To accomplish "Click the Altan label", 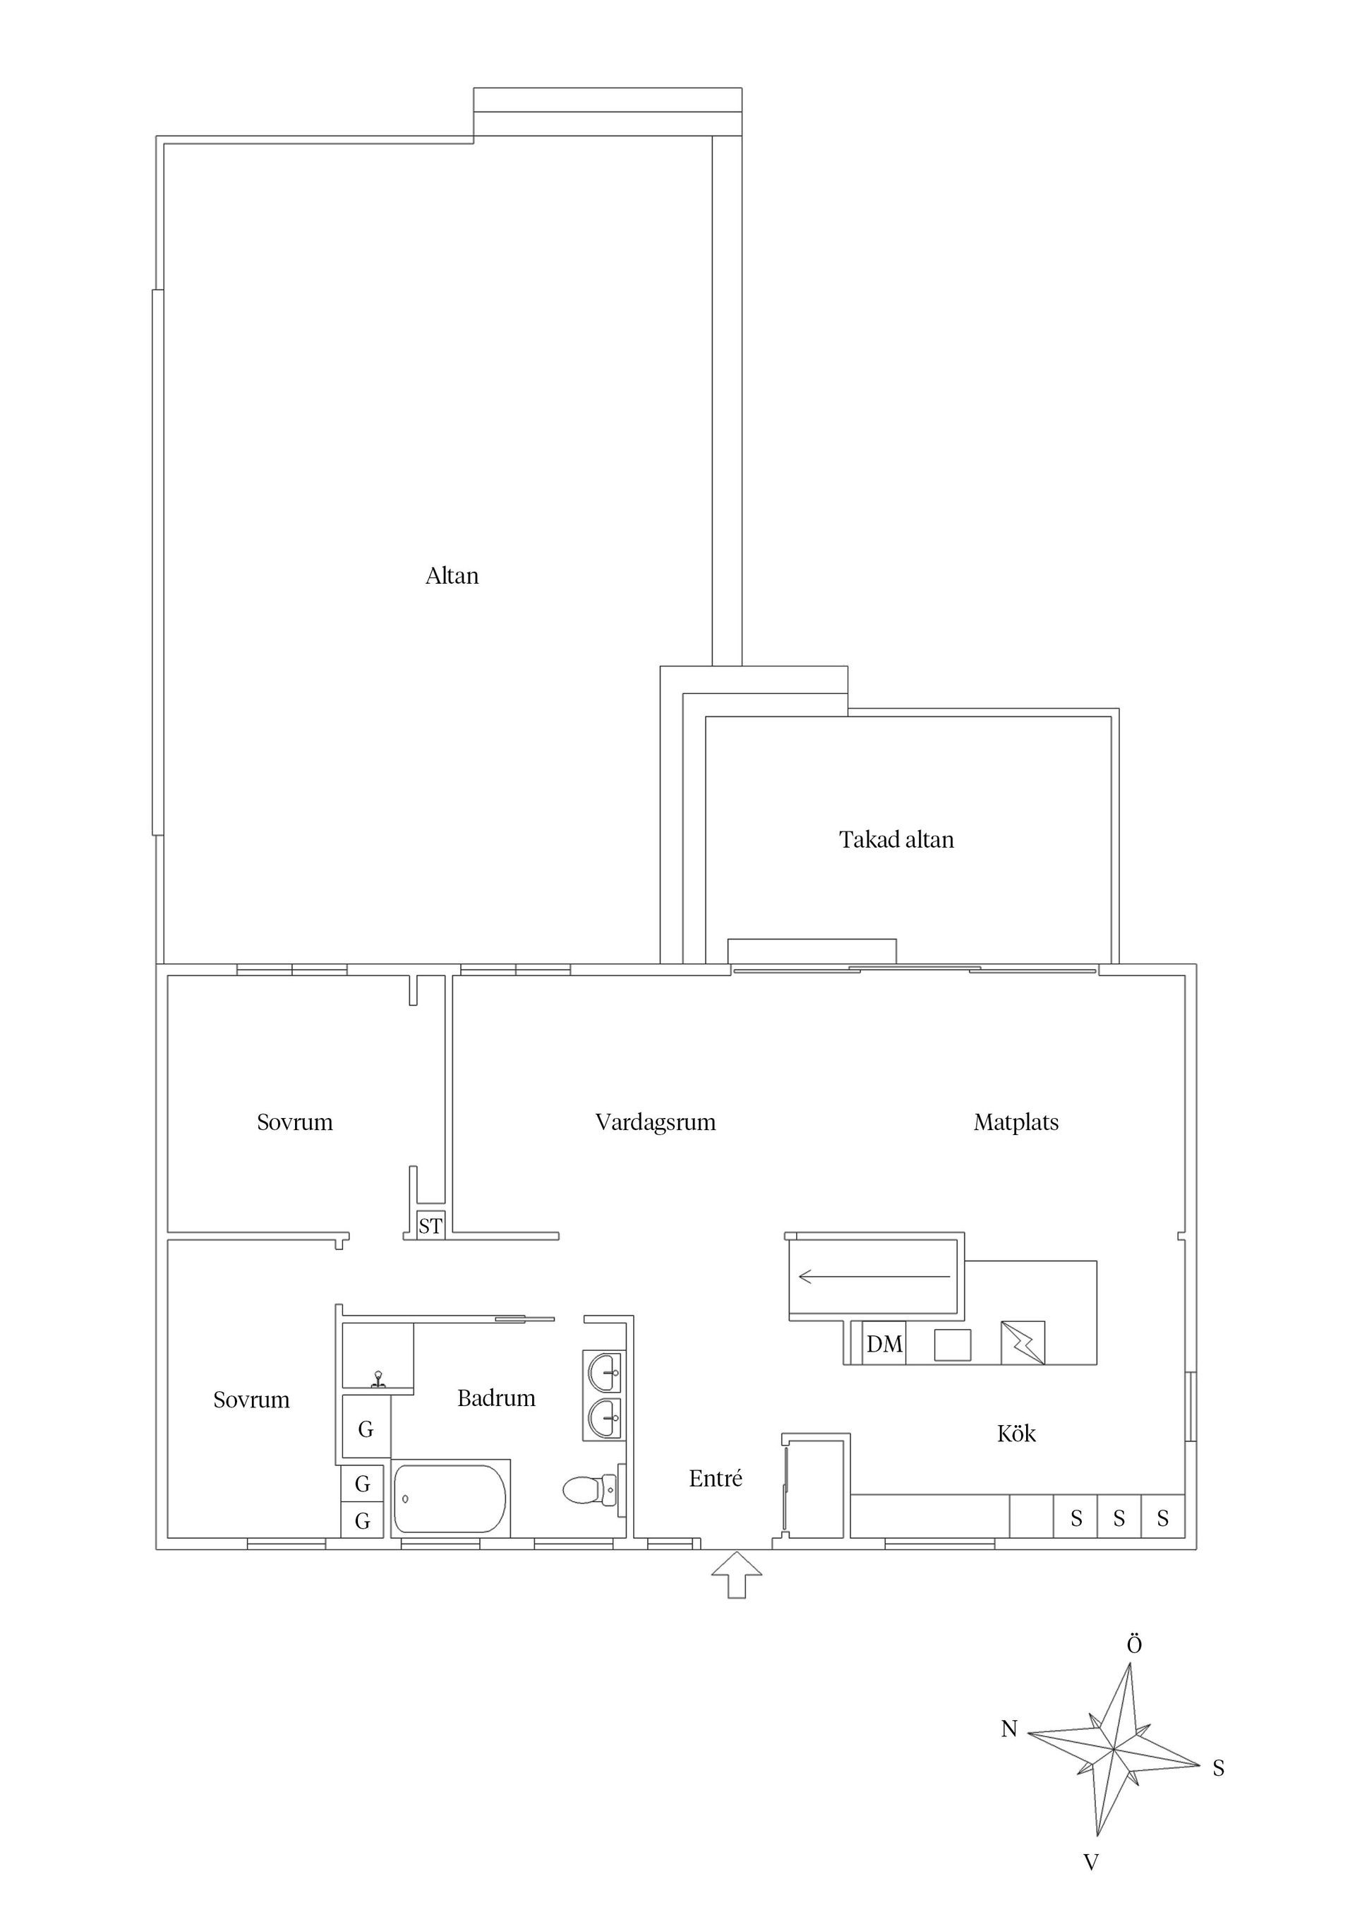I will (x=452, y=576).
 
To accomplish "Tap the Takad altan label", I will (x=896, y=839).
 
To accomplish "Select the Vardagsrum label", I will (x=656, y=1122).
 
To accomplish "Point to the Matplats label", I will (x=1016, y=1122).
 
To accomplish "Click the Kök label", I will (x=1016, y=1434).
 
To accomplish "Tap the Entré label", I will (x=716, y=1479).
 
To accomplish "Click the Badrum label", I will (x=496, y=1398).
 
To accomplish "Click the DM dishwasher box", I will (x=884, y=1345).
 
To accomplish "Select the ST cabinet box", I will (x=430, y=1227).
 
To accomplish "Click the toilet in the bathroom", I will (x=591, y=1489).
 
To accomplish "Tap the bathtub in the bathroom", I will (x=450, y=1498).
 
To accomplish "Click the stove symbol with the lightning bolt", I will (x=1023, y=1342).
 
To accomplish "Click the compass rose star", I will (x=1114, y=1747).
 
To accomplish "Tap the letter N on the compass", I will (x=1009, y=1729).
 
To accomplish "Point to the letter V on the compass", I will (x=1090, y=1862).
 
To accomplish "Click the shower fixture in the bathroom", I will (x=378, y=1378).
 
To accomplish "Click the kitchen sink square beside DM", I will (x=952, y=1345).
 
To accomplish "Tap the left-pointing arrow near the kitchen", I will (x=873, y=1277).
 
